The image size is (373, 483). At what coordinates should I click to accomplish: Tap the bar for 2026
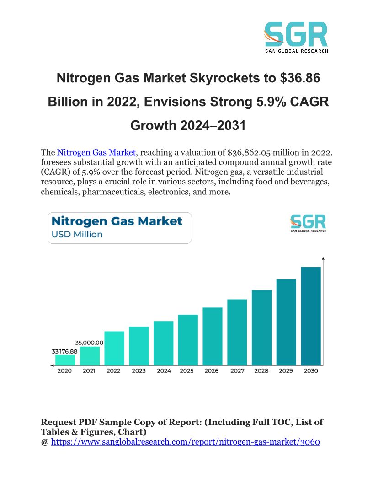[x=213, y=336]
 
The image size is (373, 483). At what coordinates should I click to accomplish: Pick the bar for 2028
[x=261, y=327]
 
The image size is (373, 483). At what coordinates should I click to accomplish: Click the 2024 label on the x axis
[x=164, y=370]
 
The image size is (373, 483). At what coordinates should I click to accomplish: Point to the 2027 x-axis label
[x=237, y=370]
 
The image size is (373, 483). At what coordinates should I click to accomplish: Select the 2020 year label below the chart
[x=64, y=370]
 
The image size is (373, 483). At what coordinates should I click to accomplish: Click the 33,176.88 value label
[x=64, y=351]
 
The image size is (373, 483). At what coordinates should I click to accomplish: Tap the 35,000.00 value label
[x=89, y=342]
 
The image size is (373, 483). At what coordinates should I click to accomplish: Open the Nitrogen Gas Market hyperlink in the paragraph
[x=96, y=152]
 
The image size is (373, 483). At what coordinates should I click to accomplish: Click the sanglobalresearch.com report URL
[x=186, y=442]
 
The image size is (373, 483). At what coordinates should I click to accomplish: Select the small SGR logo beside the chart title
[x=308, y=223]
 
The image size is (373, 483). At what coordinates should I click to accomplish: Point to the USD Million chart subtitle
[x=77, y=235]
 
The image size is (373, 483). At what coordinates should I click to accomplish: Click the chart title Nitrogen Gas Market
[x=117, y=222]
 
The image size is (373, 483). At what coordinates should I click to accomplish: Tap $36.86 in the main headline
[x=299, y=79]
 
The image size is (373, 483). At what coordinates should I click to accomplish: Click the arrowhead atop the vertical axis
[x=323, y=259]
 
